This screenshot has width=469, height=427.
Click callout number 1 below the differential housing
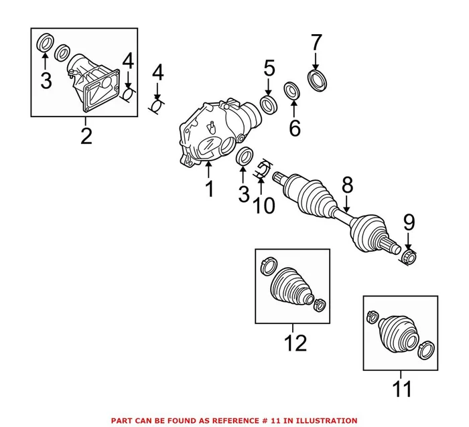210,189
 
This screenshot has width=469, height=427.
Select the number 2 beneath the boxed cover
86,136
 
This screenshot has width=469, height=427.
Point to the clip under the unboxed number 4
157,105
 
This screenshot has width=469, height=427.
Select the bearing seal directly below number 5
268,103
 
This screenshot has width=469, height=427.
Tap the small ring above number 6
291,90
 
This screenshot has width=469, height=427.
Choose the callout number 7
315,43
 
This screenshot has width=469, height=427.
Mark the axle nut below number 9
409,255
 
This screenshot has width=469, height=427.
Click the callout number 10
264,205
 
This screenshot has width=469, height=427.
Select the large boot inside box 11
397,331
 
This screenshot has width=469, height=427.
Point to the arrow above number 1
209,167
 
